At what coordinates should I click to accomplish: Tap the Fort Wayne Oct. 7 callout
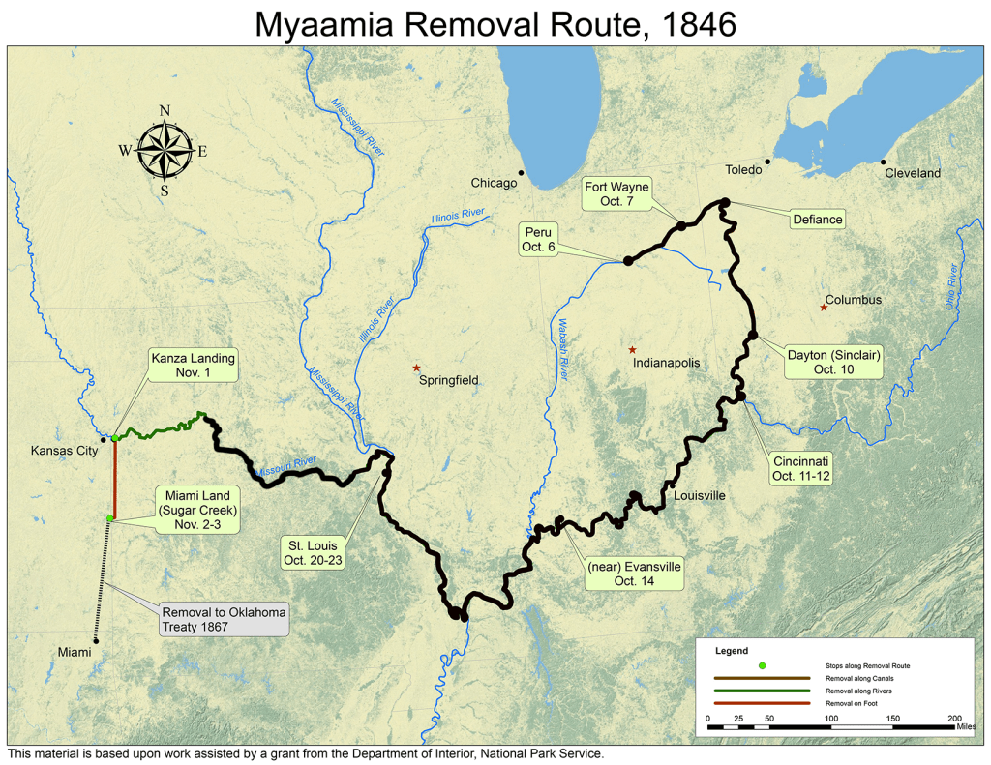click(x=616, y=193)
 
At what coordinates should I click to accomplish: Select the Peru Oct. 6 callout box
click(x=538, y=239)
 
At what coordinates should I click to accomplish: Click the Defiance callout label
click(x=817, y=220)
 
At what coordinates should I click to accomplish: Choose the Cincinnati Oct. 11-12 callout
click(x=801, y=468)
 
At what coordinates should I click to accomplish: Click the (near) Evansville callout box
click(x=635, y=574)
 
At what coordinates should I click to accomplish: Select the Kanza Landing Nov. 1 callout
click(x=193, y=366)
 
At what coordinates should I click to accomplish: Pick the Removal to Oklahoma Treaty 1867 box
click(x=224, y=620)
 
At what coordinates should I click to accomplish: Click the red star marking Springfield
click(x=417, y=368)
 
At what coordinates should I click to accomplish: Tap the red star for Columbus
click(x=824, y=308)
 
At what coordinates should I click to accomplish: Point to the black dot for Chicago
click(x=521, y=173)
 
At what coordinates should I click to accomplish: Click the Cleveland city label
click(x=912, y=173)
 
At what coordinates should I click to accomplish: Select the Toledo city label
click(x=744, y=169)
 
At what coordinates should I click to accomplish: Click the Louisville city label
click(x=699, y=495)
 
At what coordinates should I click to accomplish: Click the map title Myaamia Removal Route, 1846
click(x=495, y=24)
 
